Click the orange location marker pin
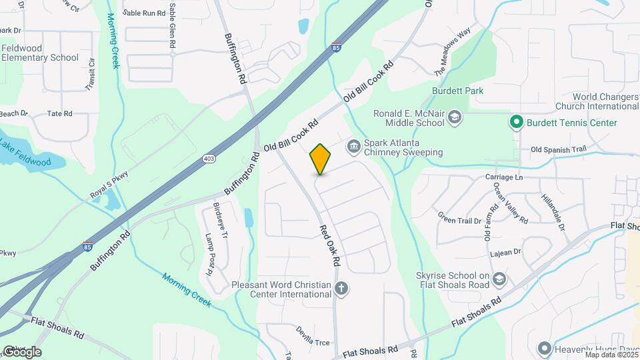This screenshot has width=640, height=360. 321,159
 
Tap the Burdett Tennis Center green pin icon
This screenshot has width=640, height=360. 515,123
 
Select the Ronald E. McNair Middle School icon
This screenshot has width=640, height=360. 455,118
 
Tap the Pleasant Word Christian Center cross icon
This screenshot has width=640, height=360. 341,289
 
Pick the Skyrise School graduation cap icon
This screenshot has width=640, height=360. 500,279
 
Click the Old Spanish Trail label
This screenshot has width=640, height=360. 558,149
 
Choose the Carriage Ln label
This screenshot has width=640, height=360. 503,177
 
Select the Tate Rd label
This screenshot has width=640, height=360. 59,114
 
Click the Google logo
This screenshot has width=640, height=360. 21,351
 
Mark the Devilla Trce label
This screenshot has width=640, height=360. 313,343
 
